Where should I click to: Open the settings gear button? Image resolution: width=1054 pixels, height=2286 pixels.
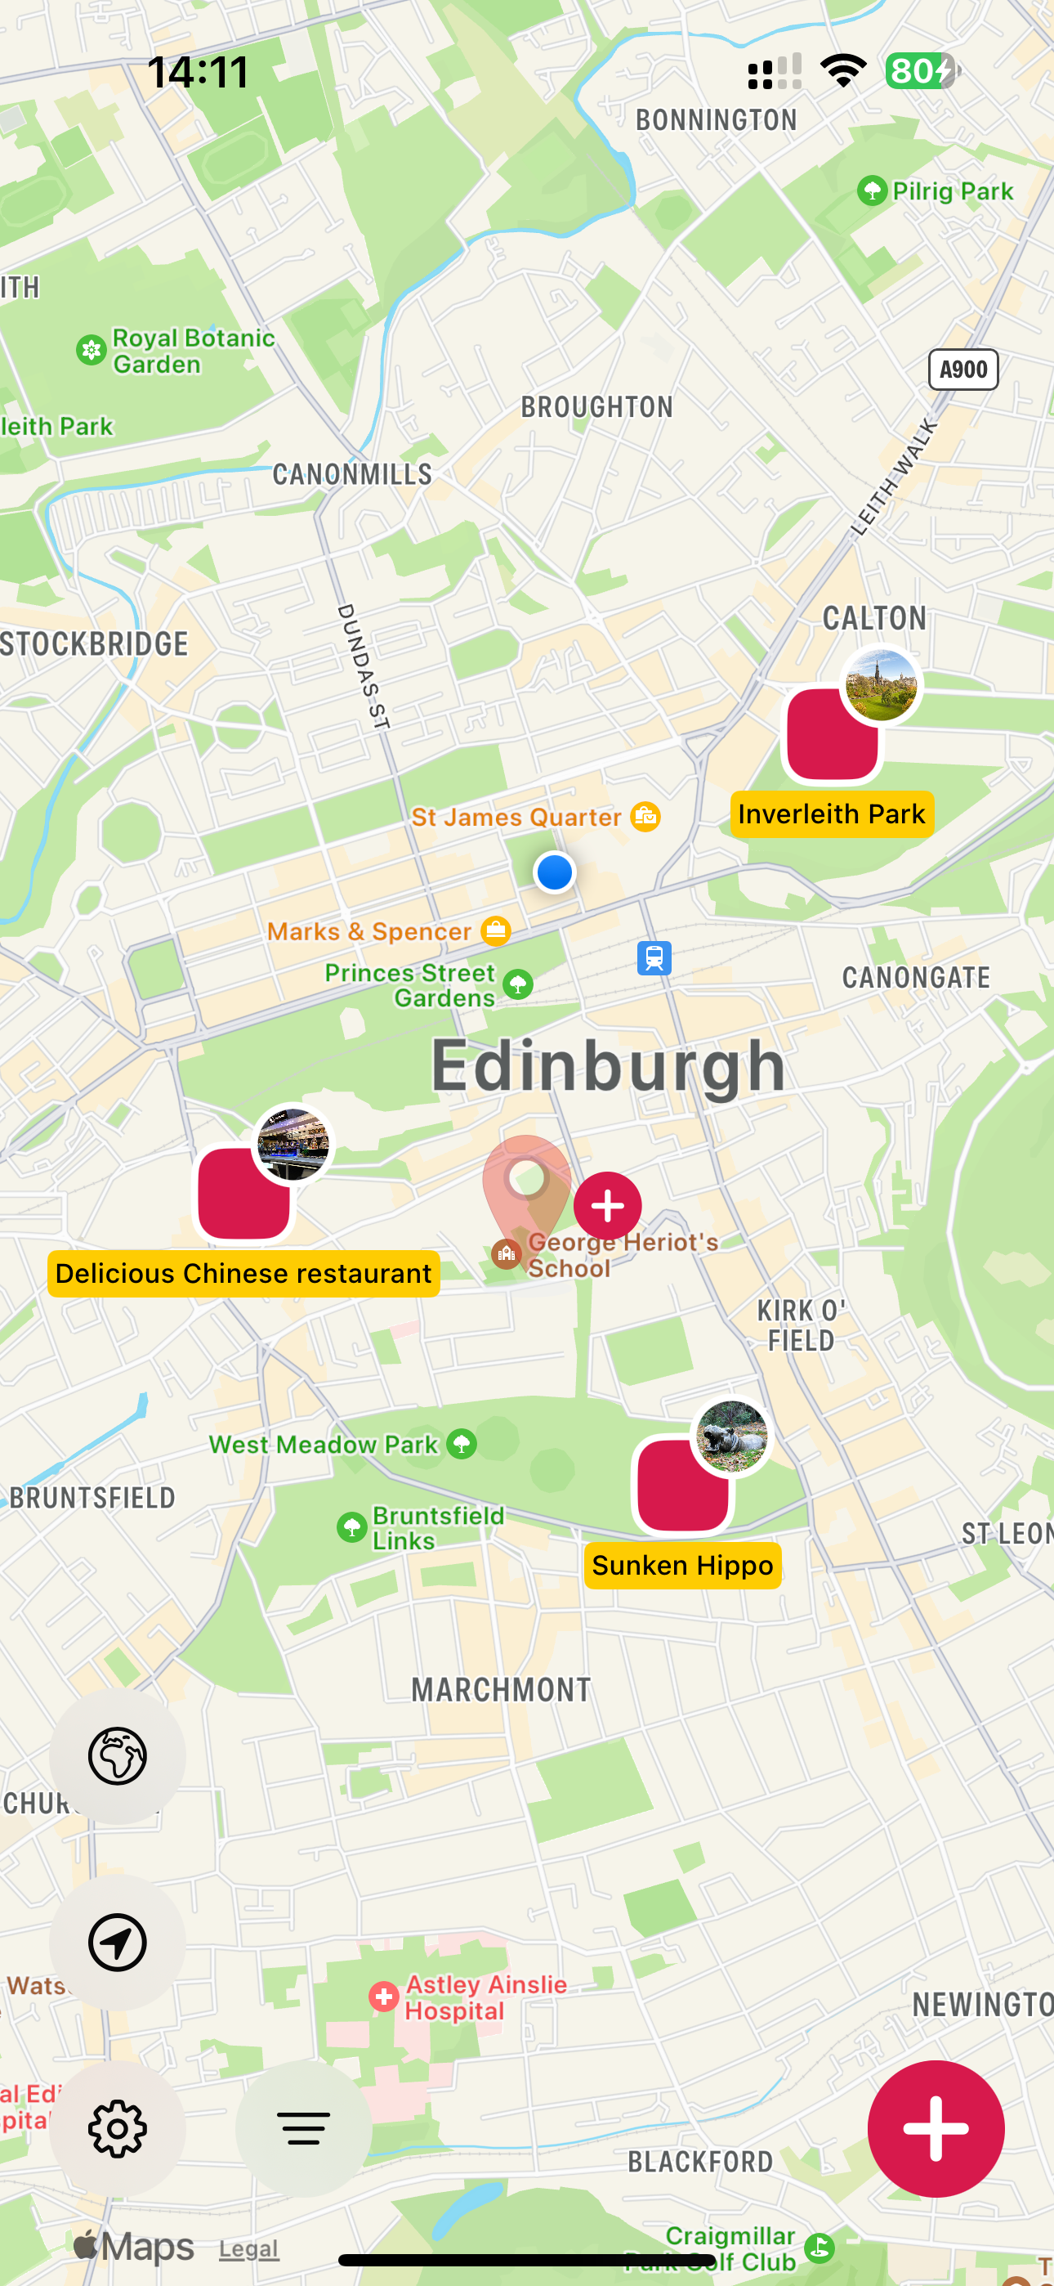pos(117,2128)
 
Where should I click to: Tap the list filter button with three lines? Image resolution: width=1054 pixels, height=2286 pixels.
pos(303,2128)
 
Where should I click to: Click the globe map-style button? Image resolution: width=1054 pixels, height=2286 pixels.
pos(117,1755)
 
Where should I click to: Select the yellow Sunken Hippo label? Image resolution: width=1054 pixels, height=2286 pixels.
pos(682,1566)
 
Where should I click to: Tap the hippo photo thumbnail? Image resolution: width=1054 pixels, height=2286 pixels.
pos(731,1436)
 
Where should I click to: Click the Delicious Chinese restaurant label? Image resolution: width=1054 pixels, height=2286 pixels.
pos(243,1274)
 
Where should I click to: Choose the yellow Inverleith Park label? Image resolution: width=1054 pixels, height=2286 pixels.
pos(831,814)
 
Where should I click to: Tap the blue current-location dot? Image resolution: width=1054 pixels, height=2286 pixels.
pos(555,872)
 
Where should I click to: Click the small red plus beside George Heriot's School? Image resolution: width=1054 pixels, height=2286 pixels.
pos(608,1205)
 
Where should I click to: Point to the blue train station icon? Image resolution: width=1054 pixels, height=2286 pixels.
pos(654,958)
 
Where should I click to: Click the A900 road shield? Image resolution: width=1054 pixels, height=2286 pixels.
pos(962,370)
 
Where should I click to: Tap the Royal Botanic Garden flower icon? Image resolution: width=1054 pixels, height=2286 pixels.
pos(92,351)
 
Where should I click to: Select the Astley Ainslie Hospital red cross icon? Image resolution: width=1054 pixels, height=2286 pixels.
pos(383,1997)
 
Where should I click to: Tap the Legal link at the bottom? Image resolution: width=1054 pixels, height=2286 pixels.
pos(248,2248)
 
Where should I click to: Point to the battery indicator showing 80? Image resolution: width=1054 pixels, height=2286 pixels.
pos(921,71)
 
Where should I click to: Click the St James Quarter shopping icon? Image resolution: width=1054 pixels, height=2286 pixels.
pos(645,817)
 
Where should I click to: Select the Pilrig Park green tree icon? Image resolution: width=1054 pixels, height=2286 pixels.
pos(872,190)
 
